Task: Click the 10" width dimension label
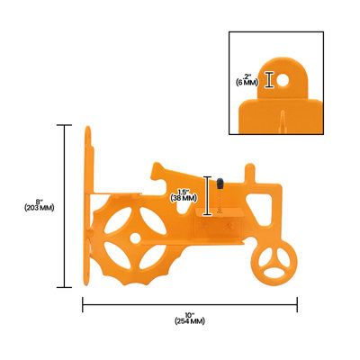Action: (190, 315)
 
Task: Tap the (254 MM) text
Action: (190, 321)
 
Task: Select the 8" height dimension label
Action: (40, 202)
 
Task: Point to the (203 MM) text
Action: (40, 208)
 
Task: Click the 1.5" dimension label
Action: (184, 192)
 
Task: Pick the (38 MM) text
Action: (184, 198)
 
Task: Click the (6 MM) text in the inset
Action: (247, 83)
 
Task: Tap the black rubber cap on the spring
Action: (220, 183)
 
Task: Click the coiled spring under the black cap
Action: (220, 199)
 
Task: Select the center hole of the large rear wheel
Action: (135, 238)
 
